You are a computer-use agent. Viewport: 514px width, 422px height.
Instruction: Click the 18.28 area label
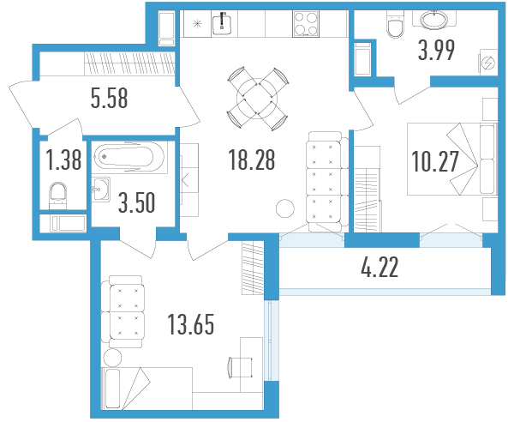coord(252,160)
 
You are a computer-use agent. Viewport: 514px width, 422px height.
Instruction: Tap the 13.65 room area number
coord(191,324)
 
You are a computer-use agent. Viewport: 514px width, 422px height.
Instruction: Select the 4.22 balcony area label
coord(380,267)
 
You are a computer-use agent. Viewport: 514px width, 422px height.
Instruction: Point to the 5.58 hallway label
coord(109,98)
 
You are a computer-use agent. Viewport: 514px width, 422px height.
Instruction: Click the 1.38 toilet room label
coord(63,160)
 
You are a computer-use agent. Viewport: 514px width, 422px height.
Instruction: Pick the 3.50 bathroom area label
coord(136,202)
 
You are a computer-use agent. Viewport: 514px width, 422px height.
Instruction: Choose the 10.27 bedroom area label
coord(434,161)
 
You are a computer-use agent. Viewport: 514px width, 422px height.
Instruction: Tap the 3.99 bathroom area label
coord(436,51)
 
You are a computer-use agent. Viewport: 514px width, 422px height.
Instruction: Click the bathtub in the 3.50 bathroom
coord(130,157)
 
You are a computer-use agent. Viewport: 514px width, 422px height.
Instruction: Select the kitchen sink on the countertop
coord(222,24)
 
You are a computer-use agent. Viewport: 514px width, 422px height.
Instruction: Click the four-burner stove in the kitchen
coord(306,24)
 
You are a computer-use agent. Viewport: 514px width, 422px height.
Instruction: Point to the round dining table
coord(257,99)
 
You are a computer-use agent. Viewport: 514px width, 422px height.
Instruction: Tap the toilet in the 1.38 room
coord(57,196)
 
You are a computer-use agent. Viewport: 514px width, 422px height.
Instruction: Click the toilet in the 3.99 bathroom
coord(395,24)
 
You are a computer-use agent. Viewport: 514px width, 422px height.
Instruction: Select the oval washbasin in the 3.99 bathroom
coord(434,20)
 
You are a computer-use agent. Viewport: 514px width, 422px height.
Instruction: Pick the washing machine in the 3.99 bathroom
coord(489,63)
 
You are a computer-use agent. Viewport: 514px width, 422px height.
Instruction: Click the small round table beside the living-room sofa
coord(285,208)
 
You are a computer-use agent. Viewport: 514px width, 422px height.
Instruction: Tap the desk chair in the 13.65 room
coord(240,367)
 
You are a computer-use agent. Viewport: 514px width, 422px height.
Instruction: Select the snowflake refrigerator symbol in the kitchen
coord(197,24)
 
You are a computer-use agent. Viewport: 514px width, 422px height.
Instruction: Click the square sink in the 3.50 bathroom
coord(100,190)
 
